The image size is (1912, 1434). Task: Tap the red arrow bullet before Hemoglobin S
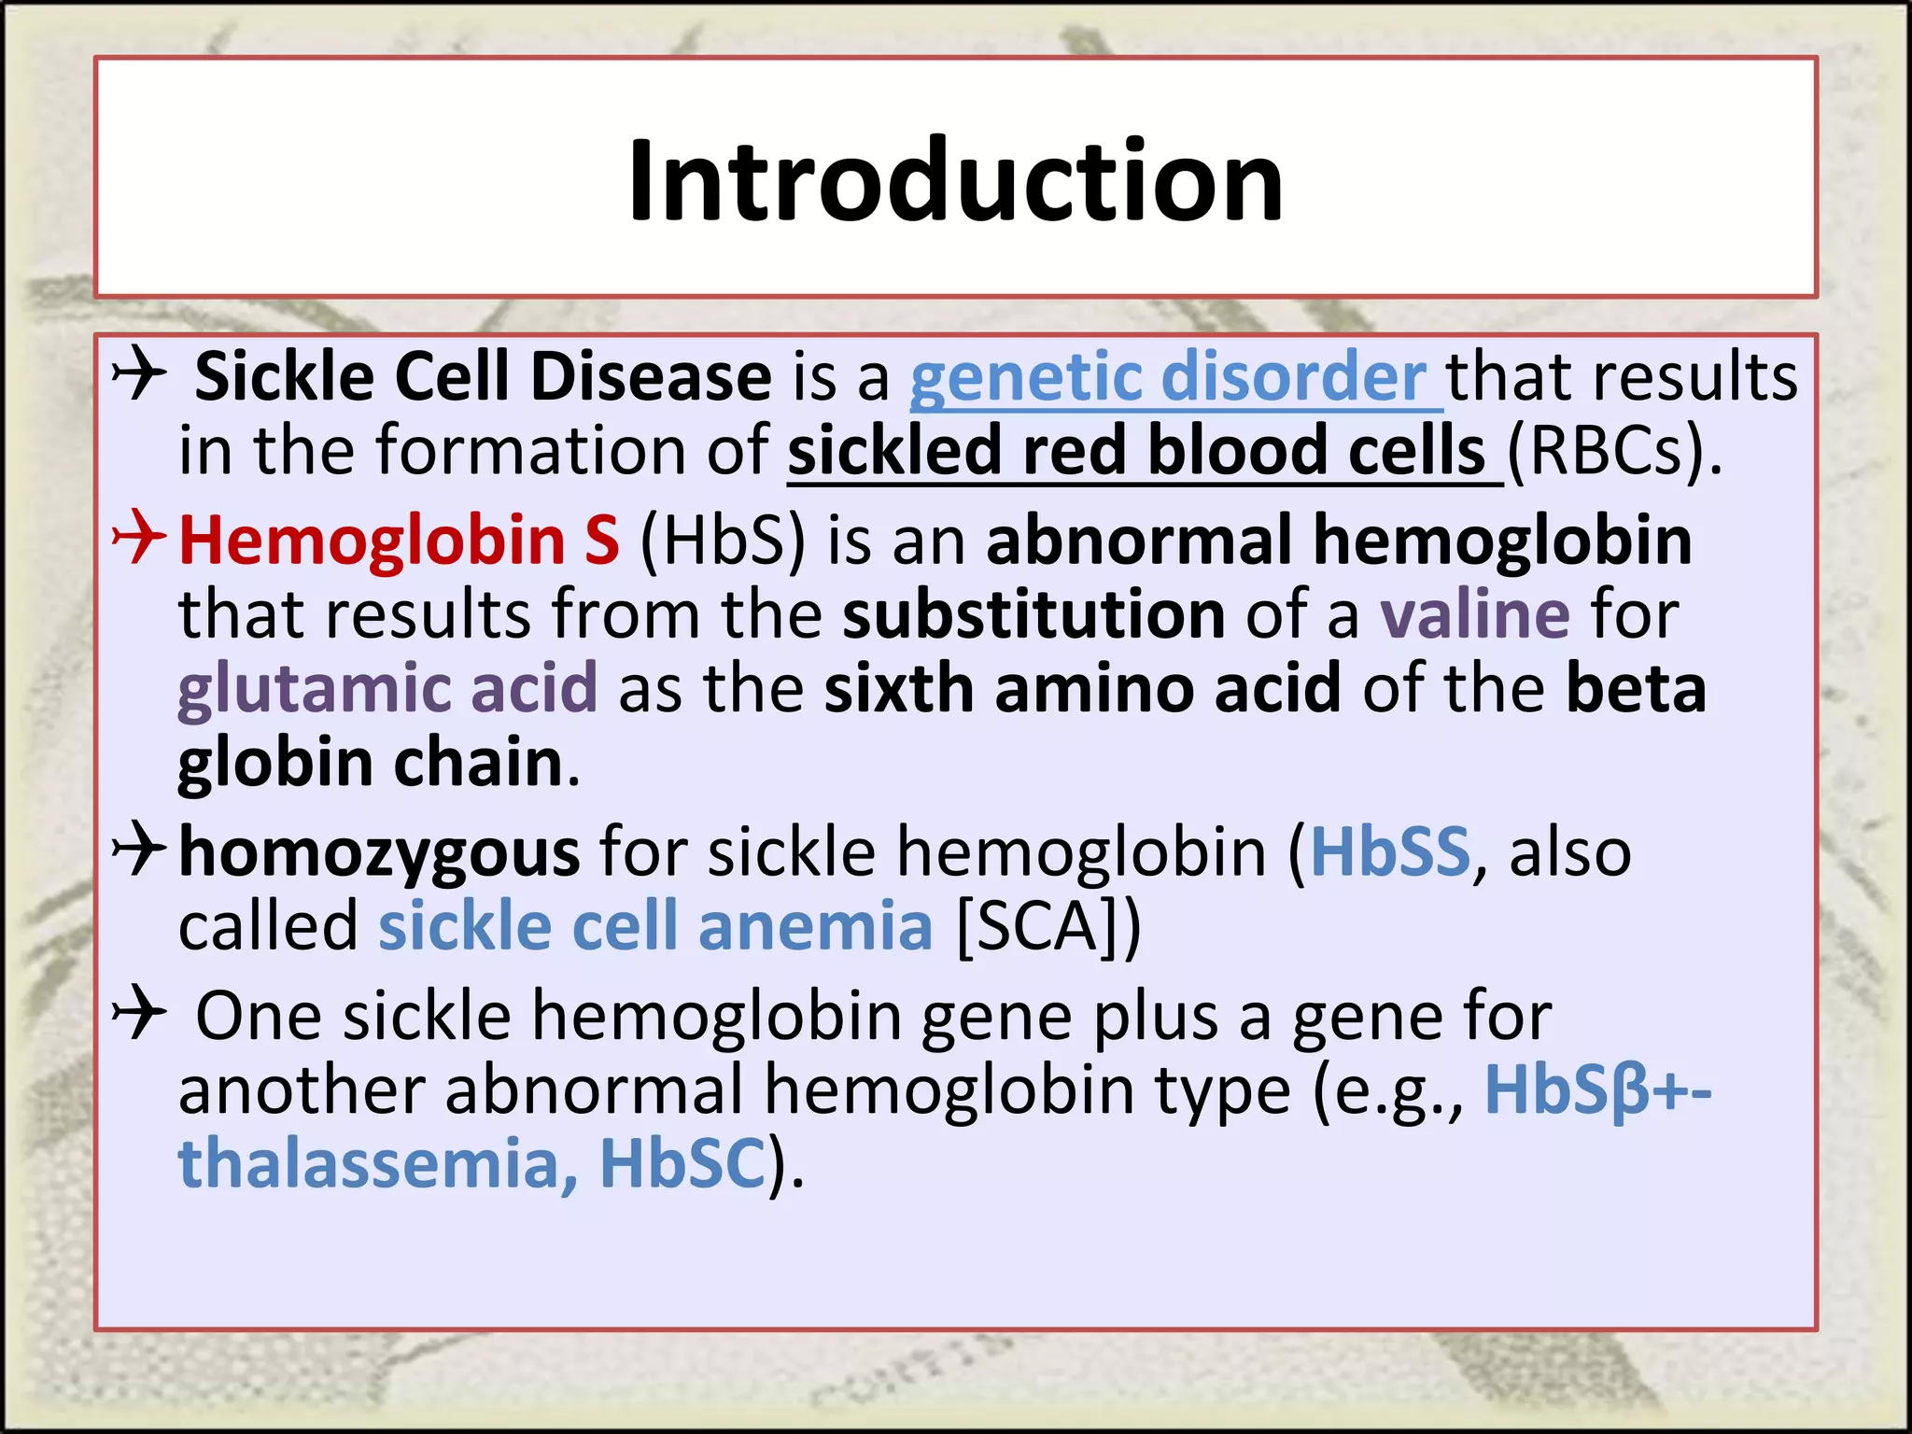tap(138, 540)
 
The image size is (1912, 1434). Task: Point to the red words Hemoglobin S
tap(399, 541)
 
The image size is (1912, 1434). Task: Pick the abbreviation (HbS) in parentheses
tap(722, 541)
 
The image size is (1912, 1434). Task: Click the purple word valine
tap(1475, 615)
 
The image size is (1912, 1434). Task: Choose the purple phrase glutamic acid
tap(387, 689)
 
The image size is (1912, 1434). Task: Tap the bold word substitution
tap(1033, 615)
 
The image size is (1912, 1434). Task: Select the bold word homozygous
tap(379, 853)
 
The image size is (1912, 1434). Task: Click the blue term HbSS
tap(1390, 851)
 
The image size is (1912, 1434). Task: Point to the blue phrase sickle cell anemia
tap(655, 926)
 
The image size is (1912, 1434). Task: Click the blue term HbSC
tap(682, 1163)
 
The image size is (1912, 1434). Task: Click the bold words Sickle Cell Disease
tap(483, 377)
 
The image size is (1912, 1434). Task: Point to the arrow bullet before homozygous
tap(138, 850)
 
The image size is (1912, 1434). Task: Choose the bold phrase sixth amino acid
tap(1082, 689)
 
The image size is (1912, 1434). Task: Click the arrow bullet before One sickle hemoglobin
tap(138, 1013)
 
